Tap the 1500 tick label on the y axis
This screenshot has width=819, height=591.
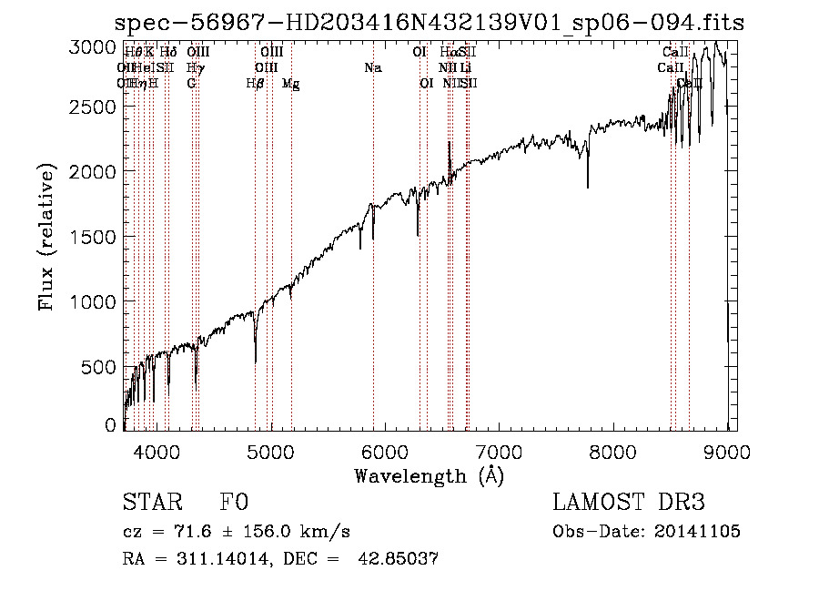pyautogui.click(x=94, y=237)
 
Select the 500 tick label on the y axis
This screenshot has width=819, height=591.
pyautogui.click(x=100, y=367)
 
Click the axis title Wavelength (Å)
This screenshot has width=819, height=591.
pyautogui.click(x=429, y=475)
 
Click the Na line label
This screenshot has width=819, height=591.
pyautogui.click(x=372, y=67)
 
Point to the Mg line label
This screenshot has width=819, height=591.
pyautogui.click(x=290, y=84)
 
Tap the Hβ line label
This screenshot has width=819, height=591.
pyautogui.click(x=255, y=84)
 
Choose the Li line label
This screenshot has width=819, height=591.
pyautogui.click(x=465, y=67)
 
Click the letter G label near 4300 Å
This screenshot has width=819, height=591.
pyautogui.click(x=191, y=84)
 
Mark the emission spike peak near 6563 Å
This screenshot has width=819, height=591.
pyautogui.click(x=449, y=143)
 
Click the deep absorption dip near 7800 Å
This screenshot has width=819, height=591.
pyautogui.click(x=588, y=187)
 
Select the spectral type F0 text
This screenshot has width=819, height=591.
pyautogui.click(x=234, y=504)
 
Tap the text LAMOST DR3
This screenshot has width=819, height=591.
pyautogui.click(x=629, y=504)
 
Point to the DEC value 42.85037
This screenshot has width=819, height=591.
pyautogui.click(x=400, y=559)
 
